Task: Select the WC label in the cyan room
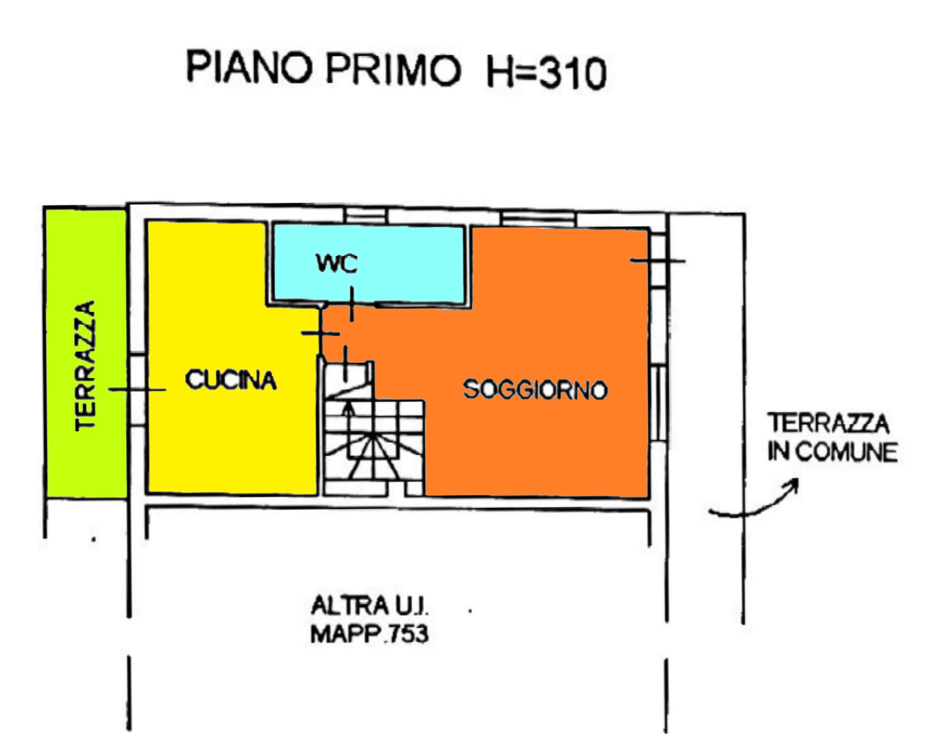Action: pyautogui.click(x=337, y=263)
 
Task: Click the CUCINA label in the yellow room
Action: pyautogui.click(x=231, y=380)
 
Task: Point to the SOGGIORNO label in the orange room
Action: pyautogui.click(x=535, y=389)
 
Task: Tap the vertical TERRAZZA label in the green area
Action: pyautogui.click(x=85, y=366)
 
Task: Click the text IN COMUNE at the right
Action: pyautogui.click(x=832, y=452)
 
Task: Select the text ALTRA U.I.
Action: pyautogui.click(x=370, y=606)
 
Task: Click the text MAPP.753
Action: pyautogui.click(x=370, y=634)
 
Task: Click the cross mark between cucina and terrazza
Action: pyautogui.click(x=137, y=390)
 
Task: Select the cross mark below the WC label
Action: pyautogui.click(x=351, y=304)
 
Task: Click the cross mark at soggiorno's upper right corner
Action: pyautogui.click(x=657, y=261)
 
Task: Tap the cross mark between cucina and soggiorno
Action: pyautogui.click(x=320, y=333)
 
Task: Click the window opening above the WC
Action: pyautogui.click(x=367, y=215)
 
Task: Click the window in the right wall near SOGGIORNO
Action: pyautogui.click(x=658, y=403)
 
